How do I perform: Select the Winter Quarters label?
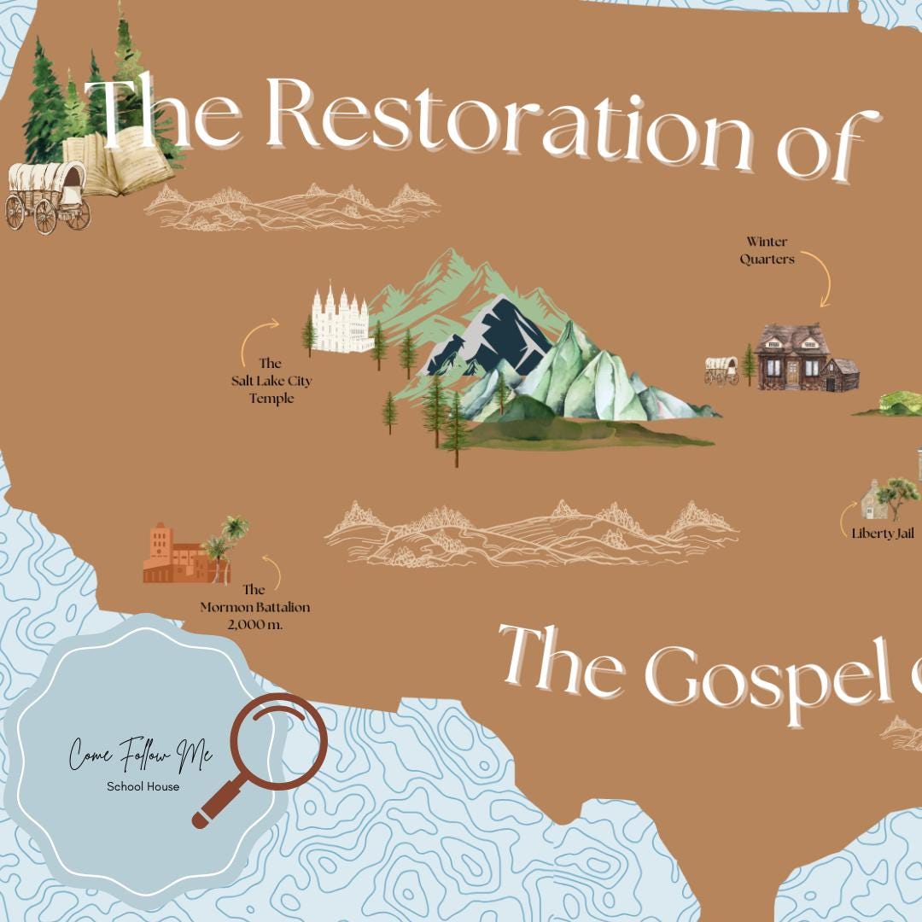(767, 250)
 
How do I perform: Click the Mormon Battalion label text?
(254, 607)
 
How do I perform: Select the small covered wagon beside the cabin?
(721, 370)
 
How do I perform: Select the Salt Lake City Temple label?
(271, 381)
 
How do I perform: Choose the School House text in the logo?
(143, 786)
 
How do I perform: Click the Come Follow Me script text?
(141, 756)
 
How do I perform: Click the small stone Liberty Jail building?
(874, 502)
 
